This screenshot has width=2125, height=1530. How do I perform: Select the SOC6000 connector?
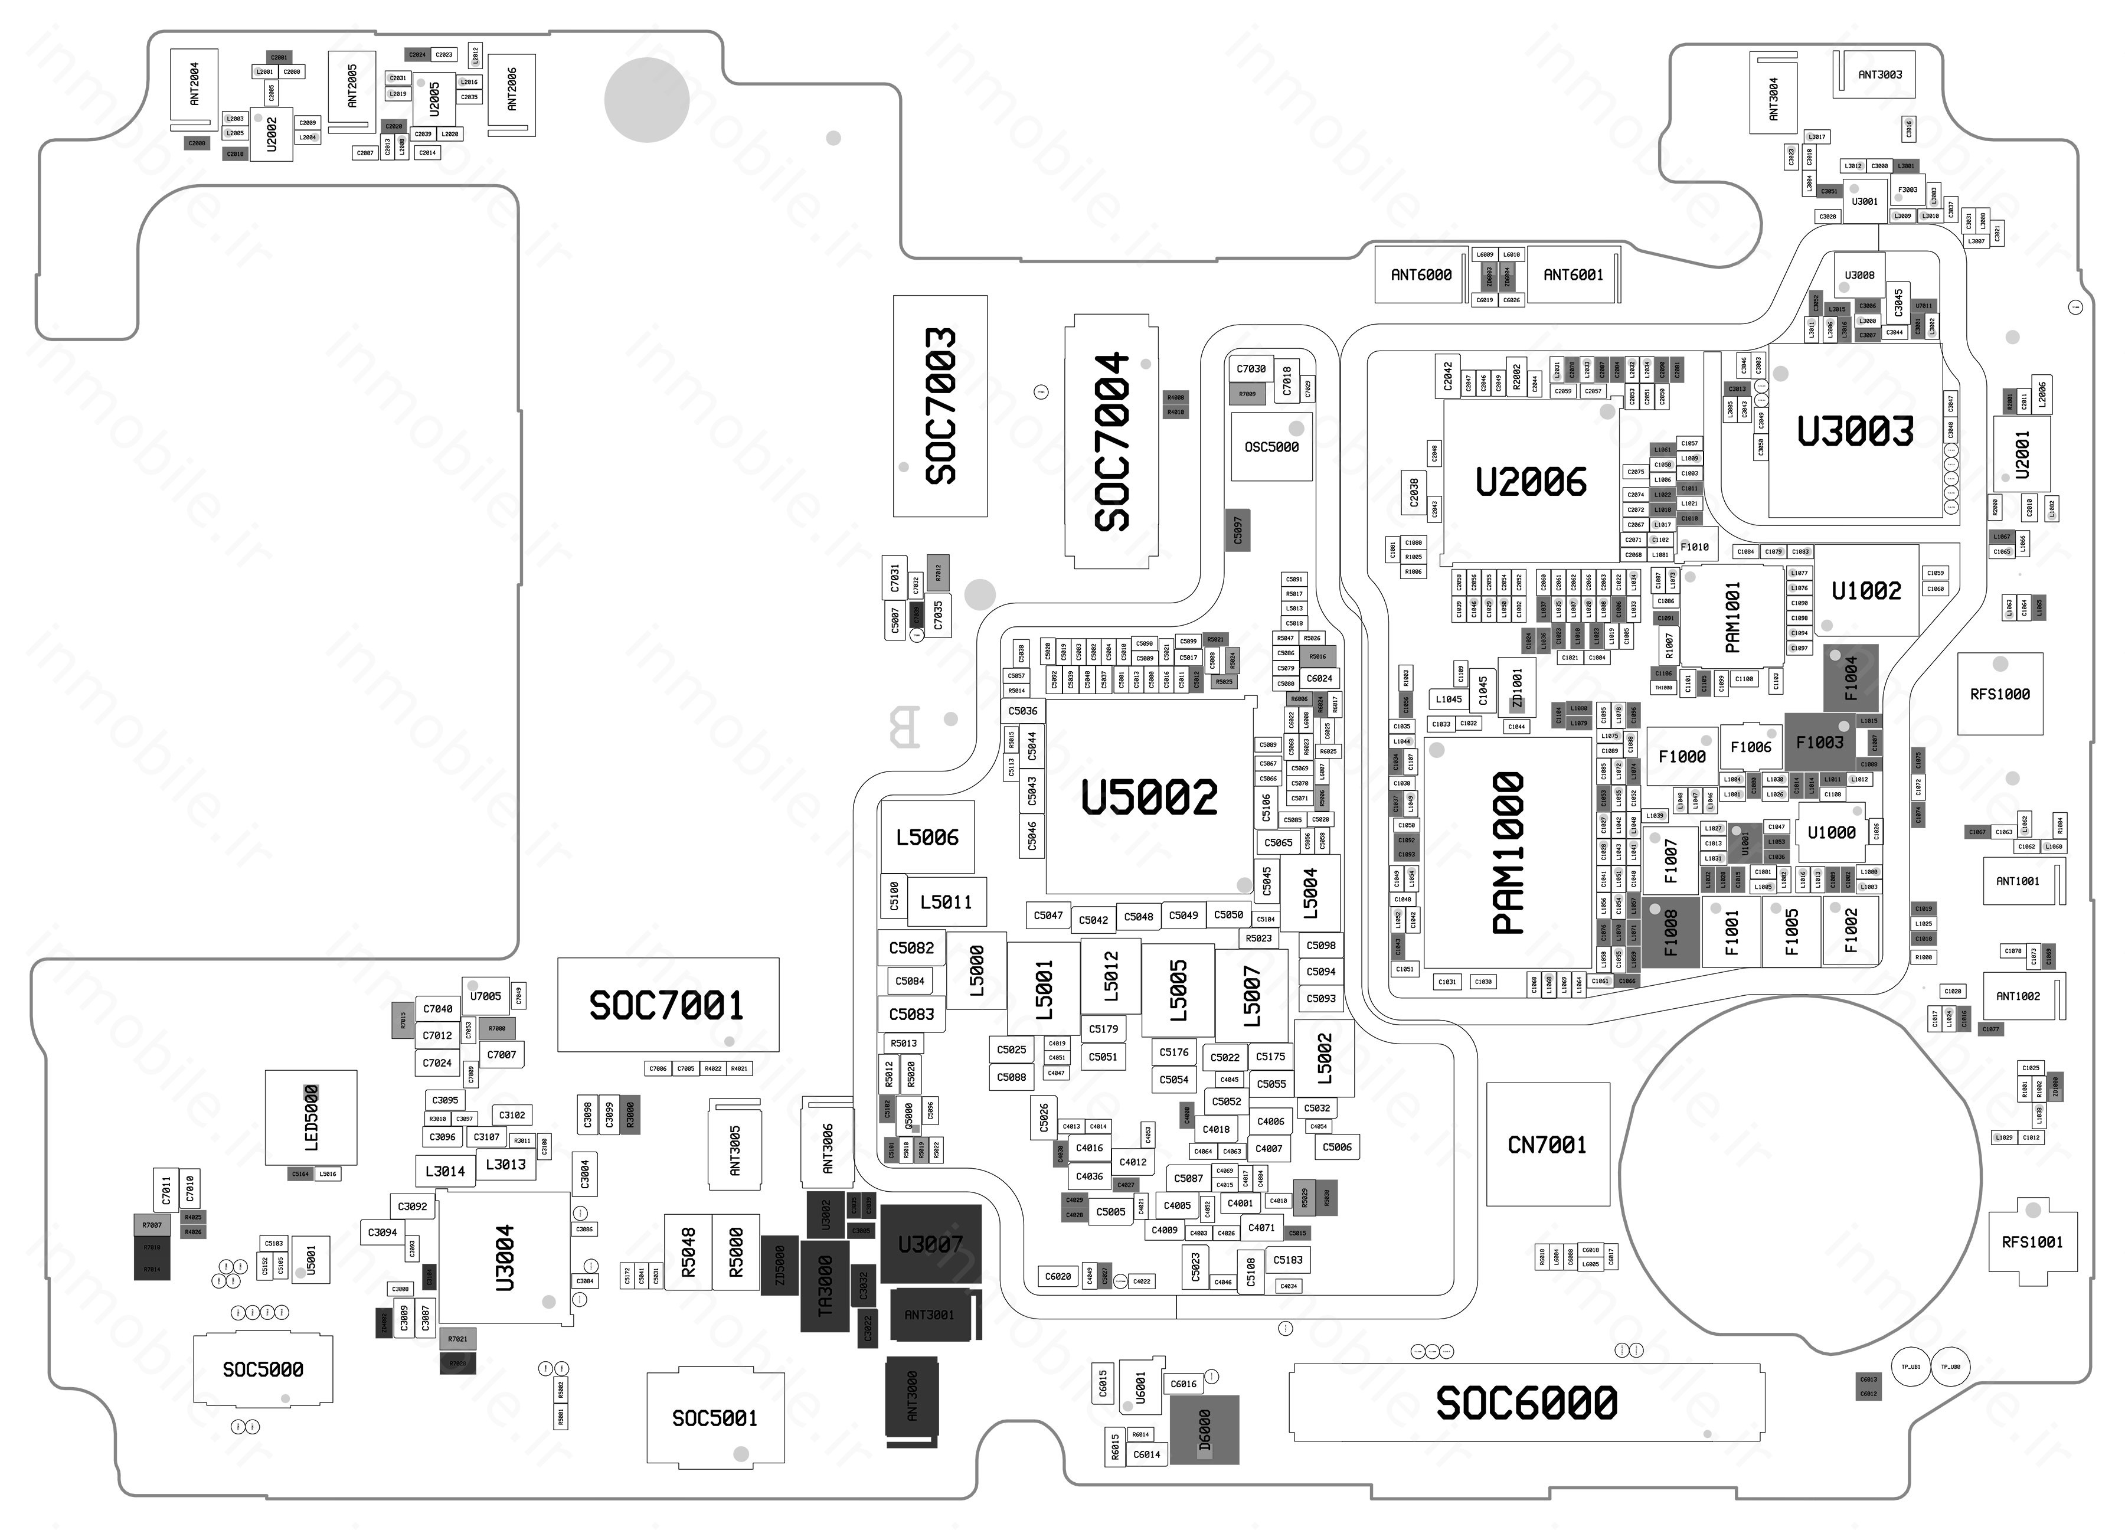pyautogui.click(x=1526, y=1402)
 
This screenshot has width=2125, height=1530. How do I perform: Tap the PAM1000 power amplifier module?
pyautogui.click(x=1508, y=852)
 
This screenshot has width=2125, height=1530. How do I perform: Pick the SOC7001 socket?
pyautogui.click(x=667, y=1005)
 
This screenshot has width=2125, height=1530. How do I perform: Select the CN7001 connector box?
pyautogui.click(x=1547, y=1144)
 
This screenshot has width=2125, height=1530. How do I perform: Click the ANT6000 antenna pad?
pyautogui.click(x=1420, y=274)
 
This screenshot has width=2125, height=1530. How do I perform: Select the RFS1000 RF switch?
pyautogui.click(x=1999, y=694)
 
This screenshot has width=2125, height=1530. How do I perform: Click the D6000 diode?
pyautogui.click(x=1205, y=1430)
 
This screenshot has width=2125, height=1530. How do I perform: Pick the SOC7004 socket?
pyautogui.click(x=1112, y=442)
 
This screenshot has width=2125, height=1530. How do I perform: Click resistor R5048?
pyautogui.click(x=689, y=1252)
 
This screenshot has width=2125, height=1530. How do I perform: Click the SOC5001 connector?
pyautogui.click(x=715, y=1418)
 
